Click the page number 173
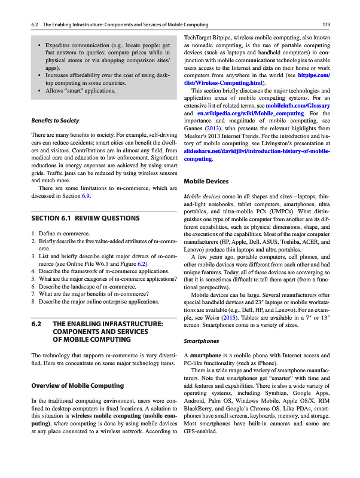[327, 24]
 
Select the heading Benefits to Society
[56, 121]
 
